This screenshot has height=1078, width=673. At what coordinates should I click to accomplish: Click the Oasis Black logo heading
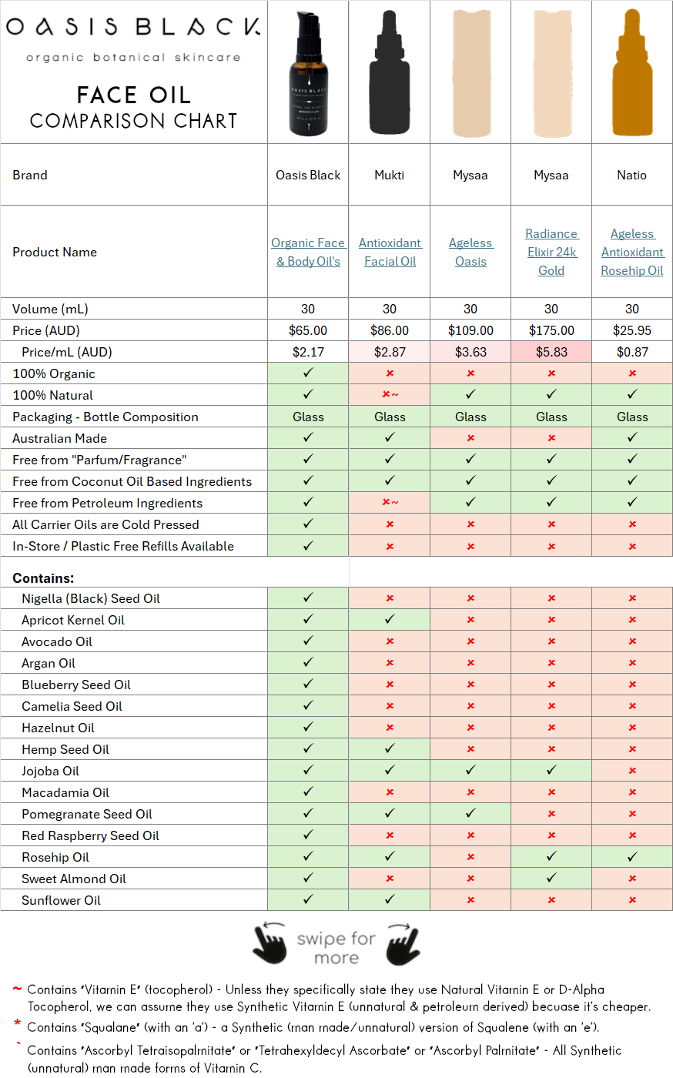pyautogui.click(x=133, y=27)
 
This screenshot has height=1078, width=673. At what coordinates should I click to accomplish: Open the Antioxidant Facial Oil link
pyautogui.click(x=390, y=252)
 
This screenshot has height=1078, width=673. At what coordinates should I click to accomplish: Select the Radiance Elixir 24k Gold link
pyautogui.click(x=551, y=252)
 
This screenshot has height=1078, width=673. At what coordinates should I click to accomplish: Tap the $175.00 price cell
pyautogui.click(x=551, y=330)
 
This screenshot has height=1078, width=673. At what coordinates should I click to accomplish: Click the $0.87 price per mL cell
pyautogui.click(x=632, y=352)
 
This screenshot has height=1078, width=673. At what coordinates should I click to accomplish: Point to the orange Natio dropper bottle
pyautogui.click(x=632, y=73)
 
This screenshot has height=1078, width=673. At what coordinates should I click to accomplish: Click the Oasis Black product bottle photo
pyautogui.click(x=308, y=73)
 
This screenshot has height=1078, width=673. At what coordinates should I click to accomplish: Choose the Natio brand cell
pyautogui.click(x=631, y=175)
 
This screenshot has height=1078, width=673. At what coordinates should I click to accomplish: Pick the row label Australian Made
pyautogui.click(x=59, y=438)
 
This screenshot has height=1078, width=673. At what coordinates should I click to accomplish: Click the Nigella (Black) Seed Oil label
pyautogui.click(x=91, y=598)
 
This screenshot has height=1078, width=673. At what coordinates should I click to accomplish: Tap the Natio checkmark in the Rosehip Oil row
pyautogui.click(x=632, y=856)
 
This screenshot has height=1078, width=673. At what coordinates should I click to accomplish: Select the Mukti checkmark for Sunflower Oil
pyautogui.click(x=390, y=899)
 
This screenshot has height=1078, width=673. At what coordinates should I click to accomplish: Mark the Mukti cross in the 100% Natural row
pyautogui.click(x=390, y=395)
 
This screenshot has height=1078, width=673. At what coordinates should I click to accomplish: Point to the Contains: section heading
pyautogui.click(x=43, y=577)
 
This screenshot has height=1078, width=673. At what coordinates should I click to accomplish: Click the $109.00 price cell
pyautogui.click(x=470, y=330)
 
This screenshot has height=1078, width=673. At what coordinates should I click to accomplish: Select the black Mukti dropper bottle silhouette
pyautogui.click(x=390, y=73)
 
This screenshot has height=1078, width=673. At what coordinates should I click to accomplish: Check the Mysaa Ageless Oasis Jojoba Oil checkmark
pyautogui.click(x=470, y=770)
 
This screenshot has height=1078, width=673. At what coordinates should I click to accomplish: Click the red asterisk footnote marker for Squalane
pyautogui.click(x=17, y=1024)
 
